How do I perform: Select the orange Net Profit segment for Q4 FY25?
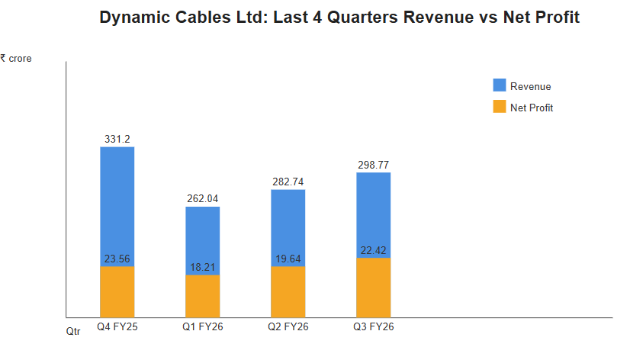pos(117,293)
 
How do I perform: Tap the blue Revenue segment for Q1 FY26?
pos(203,236)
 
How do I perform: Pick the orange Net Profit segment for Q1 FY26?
pos(203,297)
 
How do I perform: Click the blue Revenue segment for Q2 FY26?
pos(288,225)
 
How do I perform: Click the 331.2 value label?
pos(117,139)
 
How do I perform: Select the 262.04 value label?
pos(203,199)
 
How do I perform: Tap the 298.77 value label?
pos(374,165)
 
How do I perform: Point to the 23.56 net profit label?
pos(117,259)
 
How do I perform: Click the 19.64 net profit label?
pos(288,259)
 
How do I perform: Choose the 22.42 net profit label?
pos(374,250)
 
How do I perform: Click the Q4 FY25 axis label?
pos(117,327)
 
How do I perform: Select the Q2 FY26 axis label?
pos(288,327)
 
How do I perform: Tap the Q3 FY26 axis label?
pos(374,327)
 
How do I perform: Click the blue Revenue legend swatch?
pos(500,85)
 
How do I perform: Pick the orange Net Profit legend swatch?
pos(500,108)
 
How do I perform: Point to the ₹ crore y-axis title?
pos(16,58)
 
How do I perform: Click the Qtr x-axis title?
pos(72,332)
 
